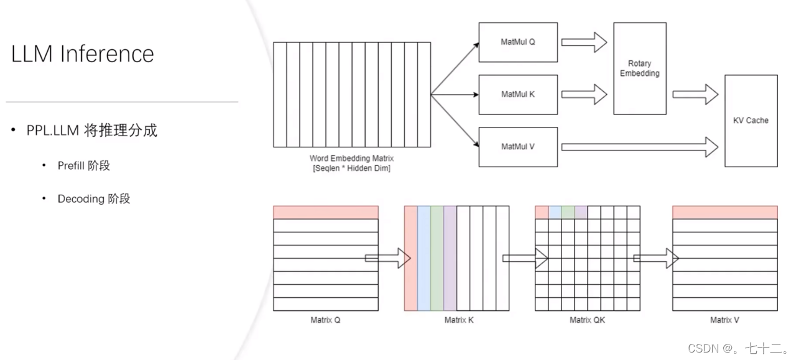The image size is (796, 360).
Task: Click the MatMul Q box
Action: pos(517,42)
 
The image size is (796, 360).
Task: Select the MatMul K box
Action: pos(517,95)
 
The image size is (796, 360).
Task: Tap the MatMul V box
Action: pos(517,147)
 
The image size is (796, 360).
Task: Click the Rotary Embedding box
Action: pos(639,68)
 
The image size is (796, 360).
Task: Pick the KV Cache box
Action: pos(751,121)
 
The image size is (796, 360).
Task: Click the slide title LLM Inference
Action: pos(83,54)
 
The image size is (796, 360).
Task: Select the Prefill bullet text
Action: pos(83,165)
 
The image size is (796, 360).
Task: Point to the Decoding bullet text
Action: pos(93,199)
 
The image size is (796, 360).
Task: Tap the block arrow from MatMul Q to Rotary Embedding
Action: pos(584,42)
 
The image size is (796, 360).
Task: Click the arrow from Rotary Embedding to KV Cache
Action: pos(695,95)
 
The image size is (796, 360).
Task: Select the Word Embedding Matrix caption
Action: pos(351,164)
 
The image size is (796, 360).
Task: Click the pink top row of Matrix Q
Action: pos(325,212)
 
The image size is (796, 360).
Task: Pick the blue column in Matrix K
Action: pos(423,258)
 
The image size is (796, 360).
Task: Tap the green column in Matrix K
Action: pos(437,258)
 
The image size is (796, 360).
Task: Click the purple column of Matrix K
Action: pos(450,258)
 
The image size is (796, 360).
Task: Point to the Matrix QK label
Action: pos(587,320)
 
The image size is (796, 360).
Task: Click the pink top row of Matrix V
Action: pos(724,212)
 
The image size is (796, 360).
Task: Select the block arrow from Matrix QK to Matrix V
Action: pos(655,258)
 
